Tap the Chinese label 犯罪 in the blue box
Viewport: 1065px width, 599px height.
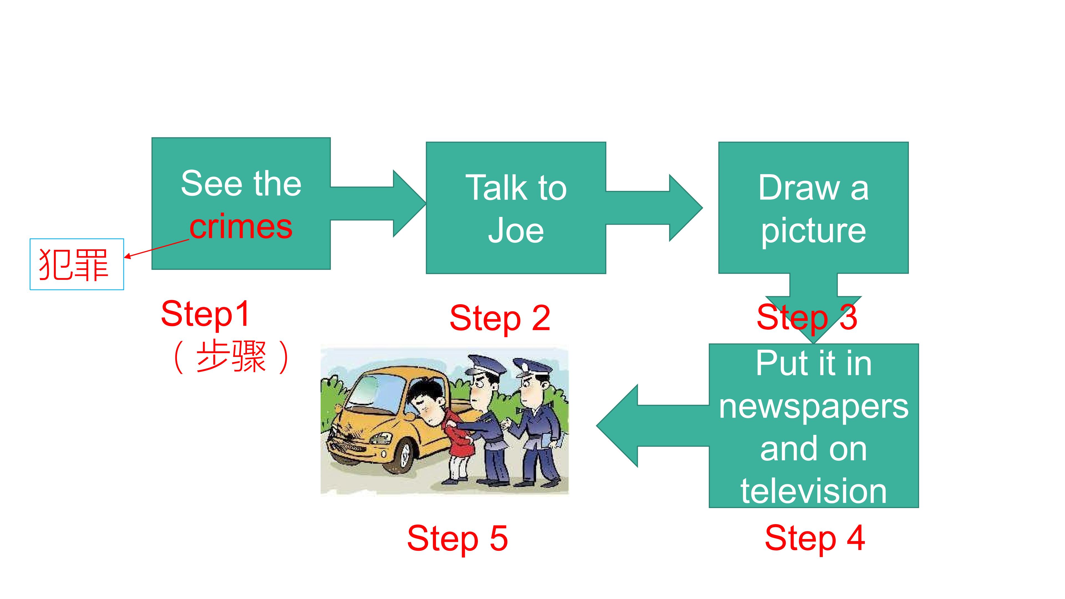pyautogui.click(x=73, y=265)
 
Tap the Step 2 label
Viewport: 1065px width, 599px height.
pyautogui.click(x=500, y=318)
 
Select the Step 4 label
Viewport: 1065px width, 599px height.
pyautogui.click(x=815, y=538)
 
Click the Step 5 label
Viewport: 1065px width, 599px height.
pyautogui.click(x=457, y=539)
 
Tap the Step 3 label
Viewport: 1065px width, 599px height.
pyautogui.click(x=807, y=318)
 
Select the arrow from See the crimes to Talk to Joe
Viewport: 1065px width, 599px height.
pyautogui.click(x=378, y=203)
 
